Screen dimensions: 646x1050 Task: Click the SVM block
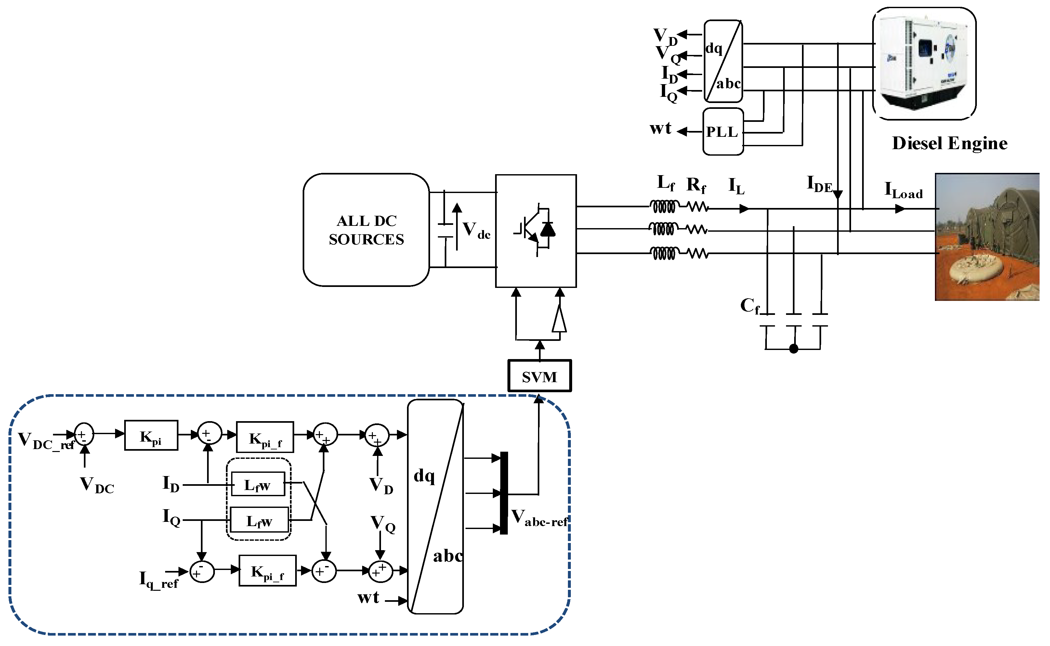point(539,376)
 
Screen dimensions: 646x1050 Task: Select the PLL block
point(723,132)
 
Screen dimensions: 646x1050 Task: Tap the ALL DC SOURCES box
point(366,230)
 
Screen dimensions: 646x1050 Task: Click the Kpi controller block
point(151,435)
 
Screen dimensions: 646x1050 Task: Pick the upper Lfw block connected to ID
point(258,484)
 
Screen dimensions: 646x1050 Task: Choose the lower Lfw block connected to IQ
point(259,520)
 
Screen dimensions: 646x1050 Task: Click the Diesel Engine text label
point(949,143)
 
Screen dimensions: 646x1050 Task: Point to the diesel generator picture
point(924,63)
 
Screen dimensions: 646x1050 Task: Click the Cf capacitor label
point(750,306)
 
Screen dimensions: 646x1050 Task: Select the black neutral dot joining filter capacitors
point(794,349)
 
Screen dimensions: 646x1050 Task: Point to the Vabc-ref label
point(539,518)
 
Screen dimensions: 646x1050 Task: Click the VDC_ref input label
point(45,441)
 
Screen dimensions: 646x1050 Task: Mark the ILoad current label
point(903,190)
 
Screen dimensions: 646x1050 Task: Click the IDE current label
point(819,184)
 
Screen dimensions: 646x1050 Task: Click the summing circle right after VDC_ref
point(84,434)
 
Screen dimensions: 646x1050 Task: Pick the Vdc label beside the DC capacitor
point(476,230)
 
